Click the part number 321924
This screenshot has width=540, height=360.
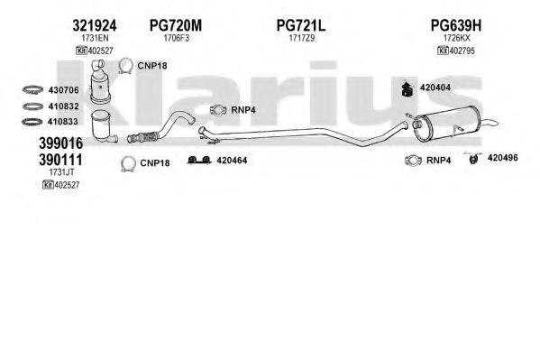click(x=95, y=25)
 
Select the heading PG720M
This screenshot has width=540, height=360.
click(x=176, y=25)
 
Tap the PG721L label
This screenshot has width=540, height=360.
click(x=301, y=25)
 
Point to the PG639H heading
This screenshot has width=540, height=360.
click(x=456, y=25)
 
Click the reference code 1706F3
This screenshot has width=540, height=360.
click(x=177, y=38)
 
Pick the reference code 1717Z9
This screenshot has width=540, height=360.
click(x=302, y=38)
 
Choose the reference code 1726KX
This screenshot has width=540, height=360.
click(x=456, y=38)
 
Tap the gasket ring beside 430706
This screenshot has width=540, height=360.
click(x=32, y=90)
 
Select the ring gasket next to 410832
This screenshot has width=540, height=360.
click(x=32, y=106)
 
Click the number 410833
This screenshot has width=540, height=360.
click(x=63, y=122)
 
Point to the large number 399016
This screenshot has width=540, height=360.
click(x=61, y=143)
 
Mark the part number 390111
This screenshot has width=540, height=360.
click(x=60, y=160)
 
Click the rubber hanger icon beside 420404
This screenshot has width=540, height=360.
click(x=408, y=89)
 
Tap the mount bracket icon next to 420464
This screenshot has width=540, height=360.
click(x=199, y=161)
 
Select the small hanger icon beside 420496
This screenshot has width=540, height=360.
click(x=473, y=158)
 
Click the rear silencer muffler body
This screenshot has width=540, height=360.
click(x=444, y=125)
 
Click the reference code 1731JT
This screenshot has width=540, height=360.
click(x=61, y=171)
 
